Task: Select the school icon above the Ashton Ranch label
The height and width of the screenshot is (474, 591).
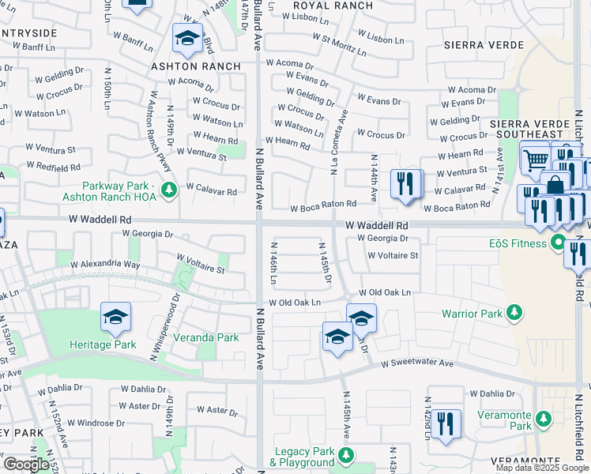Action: tap(187, 37)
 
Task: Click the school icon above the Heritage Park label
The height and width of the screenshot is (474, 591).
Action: tap(115, 318)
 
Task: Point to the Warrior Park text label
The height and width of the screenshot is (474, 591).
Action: tap(472, 314)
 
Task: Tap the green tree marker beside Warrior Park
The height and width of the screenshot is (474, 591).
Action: tap(514, 314)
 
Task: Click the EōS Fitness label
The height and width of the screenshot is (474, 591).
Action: tap(521, 243)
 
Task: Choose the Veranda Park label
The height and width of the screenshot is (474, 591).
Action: tap(206, 337)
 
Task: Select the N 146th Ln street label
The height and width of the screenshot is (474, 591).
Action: tap(274, 266)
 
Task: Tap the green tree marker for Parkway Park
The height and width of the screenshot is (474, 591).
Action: tap(168, 190)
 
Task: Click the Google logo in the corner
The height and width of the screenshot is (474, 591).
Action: tap(26, 465)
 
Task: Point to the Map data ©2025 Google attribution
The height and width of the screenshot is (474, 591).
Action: tap(542, 468)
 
